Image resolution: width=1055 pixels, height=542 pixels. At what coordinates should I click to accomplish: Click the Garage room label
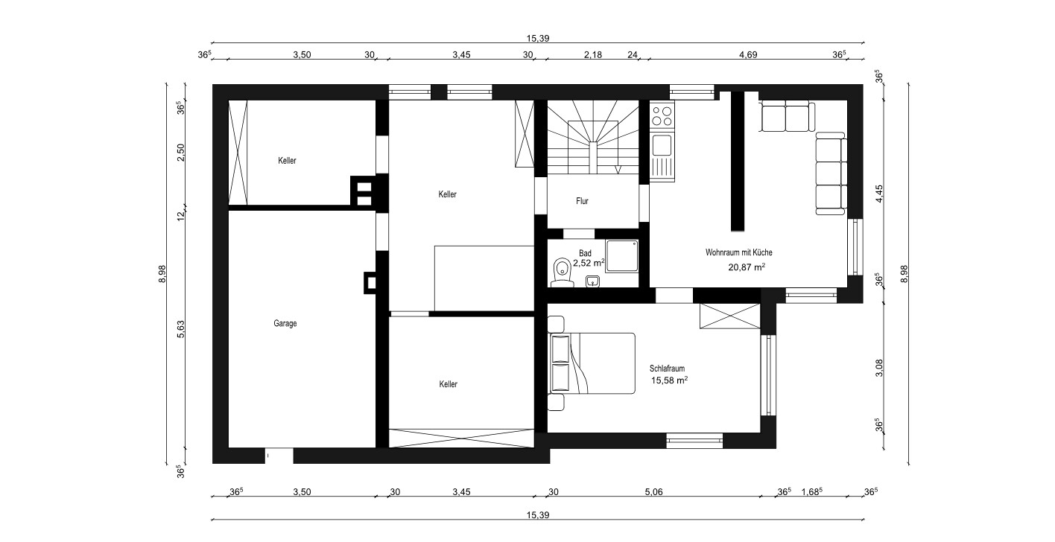pos(285,324)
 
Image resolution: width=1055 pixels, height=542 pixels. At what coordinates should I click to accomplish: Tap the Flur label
pos(582,201)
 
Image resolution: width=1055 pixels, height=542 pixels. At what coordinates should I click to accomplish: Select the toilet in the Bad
pos(562,272)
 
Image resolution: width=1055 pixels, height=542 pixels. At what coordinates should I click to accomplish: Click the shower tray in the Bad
pos(621,256)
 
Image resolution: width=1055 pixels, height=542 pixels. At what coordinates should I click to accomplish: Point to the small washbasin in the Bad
pos(592,281)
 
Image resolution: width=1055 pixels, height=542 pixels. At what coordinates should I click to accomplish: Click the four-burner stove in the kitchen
pos(662,115)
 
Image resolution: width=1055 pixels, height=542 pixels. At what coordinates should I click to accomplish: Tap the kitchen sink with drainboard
pos(662,156)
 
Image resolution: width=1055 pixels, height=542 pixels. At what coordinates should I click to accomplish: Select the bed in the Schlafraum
pos(592,363)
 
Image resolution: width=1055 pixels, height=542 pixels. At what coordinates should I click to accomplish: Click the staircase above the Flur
pos(592,137)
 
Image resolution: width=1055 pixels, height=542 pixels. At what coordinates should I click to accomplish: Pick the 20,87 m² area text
pos(747,267)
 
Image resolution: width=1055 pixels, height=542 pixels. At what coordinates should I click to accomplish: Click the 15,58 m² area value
pos(669,380)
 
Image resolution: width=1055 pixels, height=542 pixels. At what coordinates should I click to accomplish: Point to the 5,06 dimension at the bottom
pos(653,491)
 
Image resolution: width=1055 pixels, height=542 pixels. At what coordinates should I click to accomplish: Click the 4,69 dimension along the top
pos(748,54)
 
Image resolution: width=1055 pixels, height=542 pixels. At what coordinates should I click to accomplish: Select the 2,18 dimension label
pos(593,54)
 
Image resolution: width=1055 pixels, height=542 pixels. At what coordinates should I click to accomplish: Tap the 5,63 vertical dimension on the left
pos(181,329)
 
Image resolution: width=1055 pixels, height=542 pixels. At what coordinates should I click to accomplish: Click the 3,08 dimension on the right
pos(879,368)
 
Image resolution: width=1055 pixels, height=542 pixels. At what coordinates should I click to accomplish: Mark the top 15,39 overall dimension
pos(538,38)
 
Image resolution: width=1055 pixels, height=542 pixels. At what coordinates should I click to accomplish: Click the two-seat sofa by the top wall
pos(788,117)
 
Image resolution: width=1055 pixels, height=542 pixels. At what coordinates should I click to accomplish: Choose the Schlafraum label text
pos(667,369)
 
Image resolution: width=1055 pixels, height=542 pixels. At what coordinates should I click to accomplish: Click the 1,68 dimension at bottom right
pos(812,491)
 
